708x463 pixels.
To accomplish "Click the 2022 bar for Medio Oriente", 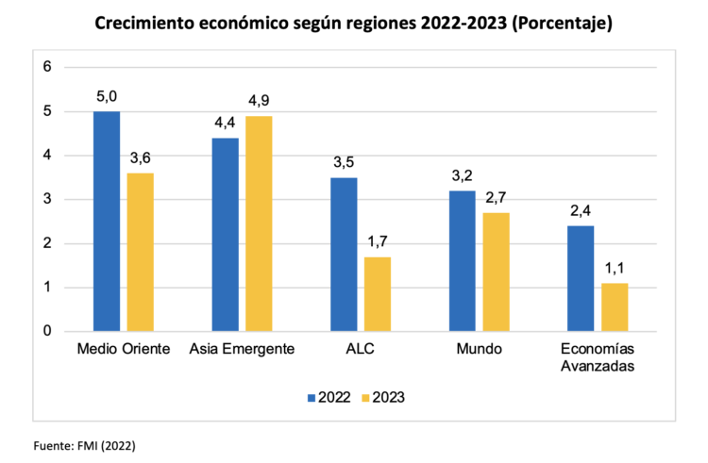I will [107, 221].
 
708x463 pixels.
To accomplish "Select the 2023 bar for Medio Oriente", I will [140, 252].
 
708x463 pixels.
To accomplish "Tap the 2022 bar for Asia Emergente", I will [226, 234].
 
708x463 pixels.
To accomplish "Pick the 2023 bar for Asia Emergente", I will [258, 223].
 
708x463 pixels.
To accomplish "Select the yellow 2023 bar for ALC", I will [377, 293].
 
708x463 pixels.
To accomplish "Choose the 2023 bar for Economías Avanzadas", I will [614, 306].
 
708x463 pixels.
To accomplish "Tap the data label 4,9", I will [259, 100].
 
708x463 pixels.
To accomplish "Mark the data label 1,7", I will [378, 241].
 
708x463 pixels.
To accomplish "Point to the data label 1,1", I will [615, 268].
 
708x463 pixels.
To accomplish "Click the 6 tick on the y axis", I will [45, 67].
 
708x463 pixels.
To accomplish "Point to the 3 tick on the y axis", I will [45, 199].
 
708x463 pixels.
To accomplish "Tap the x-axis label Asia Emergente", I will [242, 349].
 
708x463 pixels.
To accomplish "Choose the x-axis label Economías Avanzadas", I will [598, 357].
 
